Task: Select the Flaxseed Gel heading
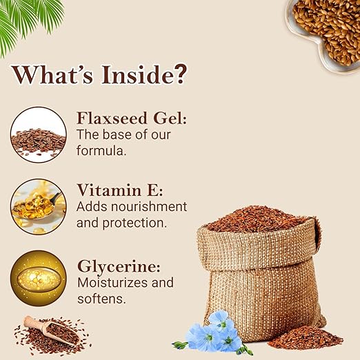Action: click(x=132, y=118)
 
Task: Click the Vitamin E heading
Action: click(x=120, y=190)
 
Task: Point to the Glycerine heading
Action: click(x=119, y=267)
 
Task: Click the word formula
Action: click(x=101, y=151)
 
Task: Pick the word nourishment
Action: click(x=149, y=207)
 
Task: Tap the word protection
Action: click(x=134, y=223)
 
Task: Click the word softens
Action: click(x=101, y=299)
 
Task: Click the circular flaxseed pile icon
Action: click(x=39, y=134)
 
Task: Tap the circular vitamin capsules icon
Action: click(x=39, y=207)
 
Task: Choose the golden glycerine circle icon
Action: click(x=39, y=278)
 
